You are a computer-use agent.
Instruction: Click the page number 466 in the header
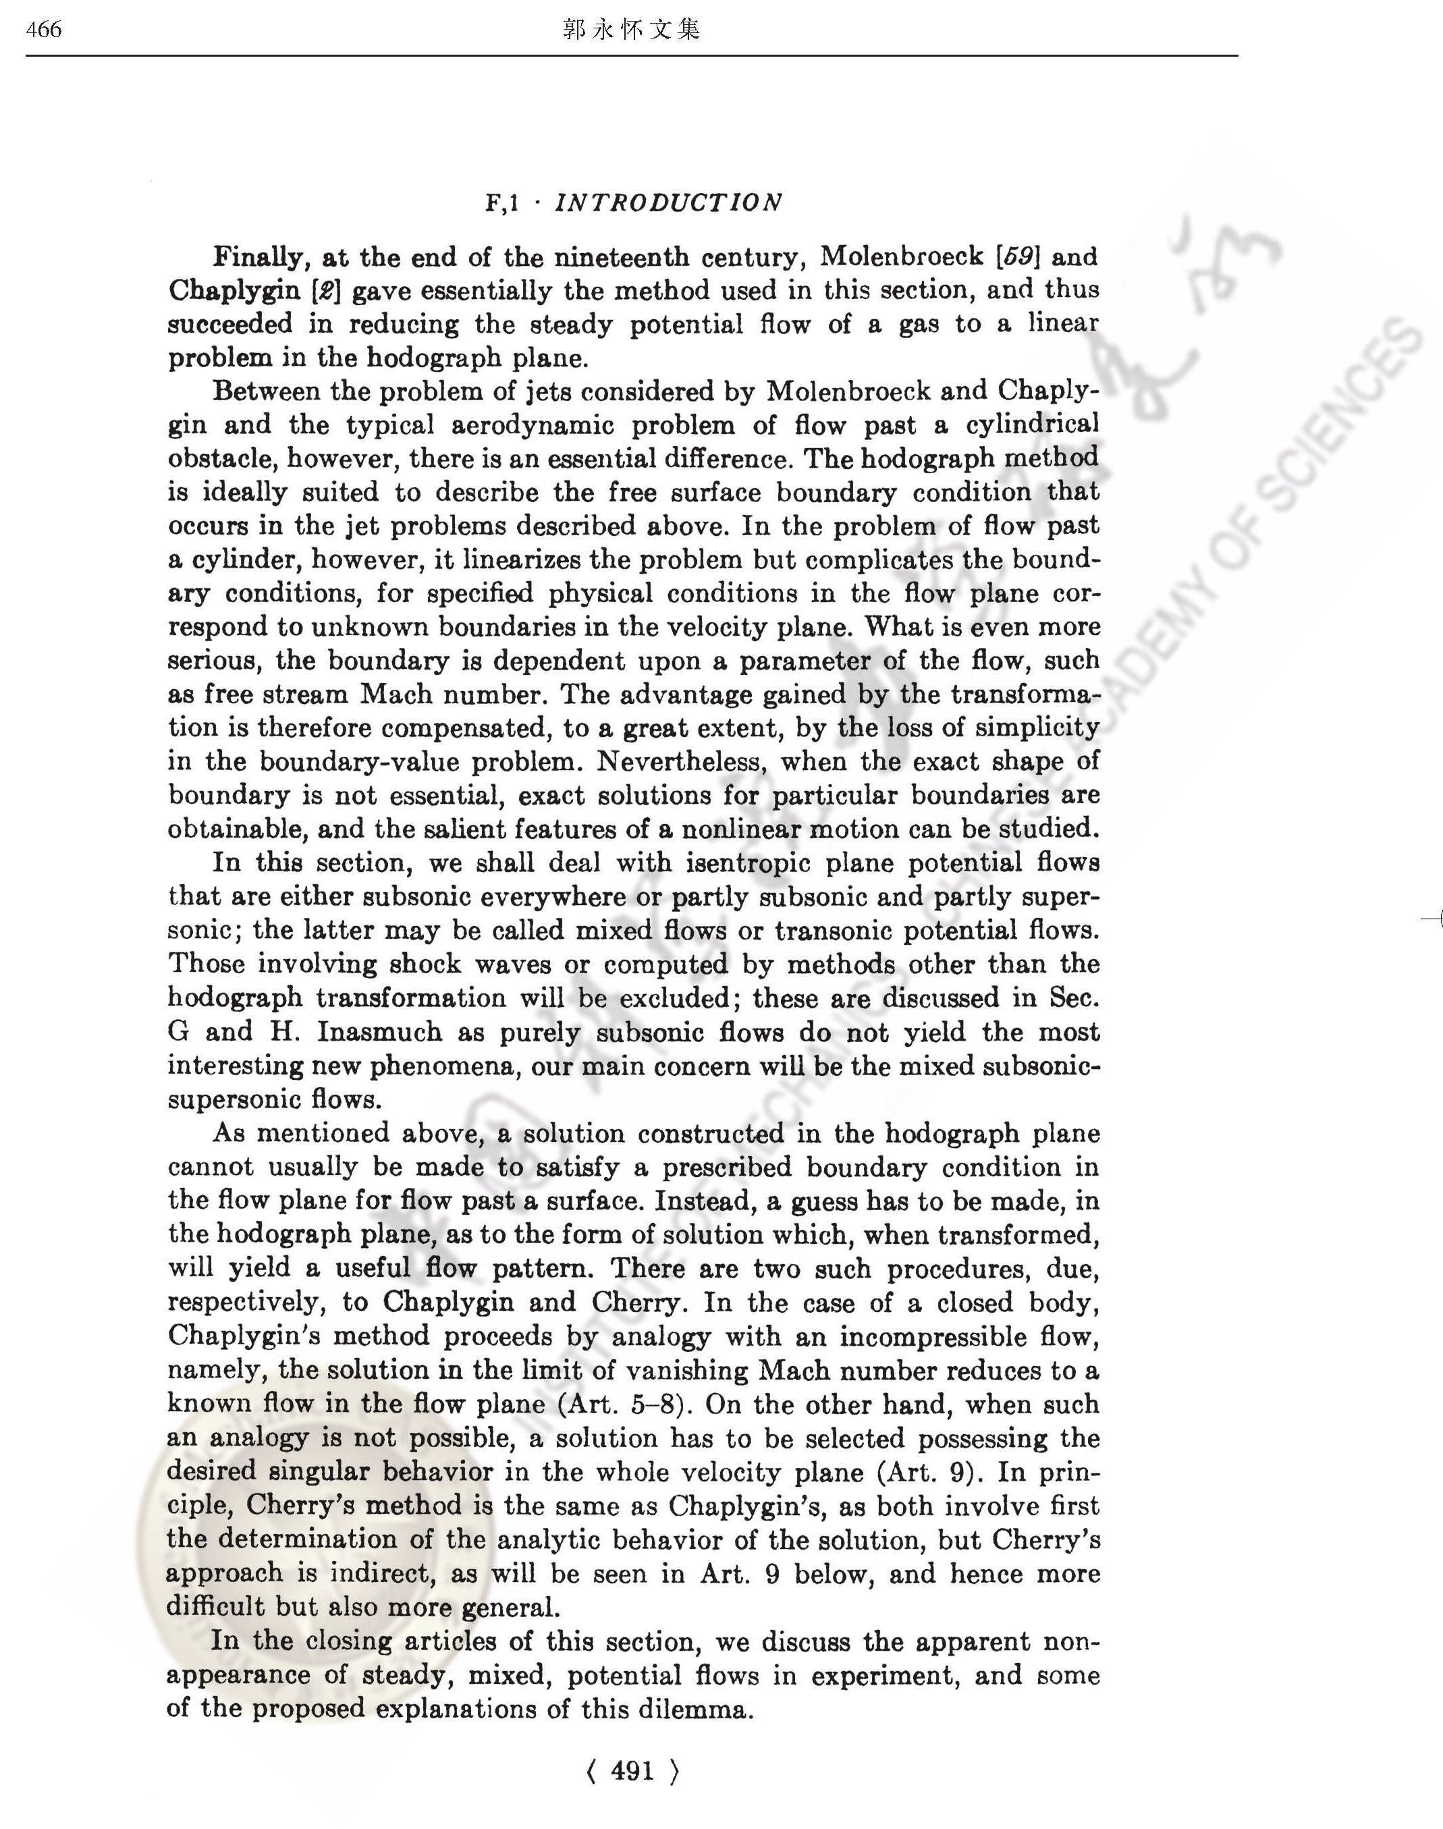[44, 30]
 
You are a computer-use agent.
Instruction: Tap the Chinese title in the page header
[631, 30]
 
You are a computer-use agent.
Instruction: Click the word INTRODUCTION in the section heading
[668, 202]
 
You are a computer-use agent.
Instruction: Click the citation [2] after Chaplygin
[325, 291]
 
